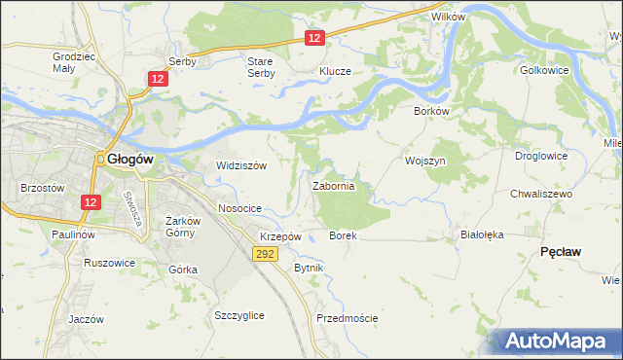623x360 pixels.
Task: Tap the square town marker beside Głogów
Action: click(99, 162)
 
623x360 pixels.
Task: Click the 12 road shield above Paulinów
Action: click(90, 201)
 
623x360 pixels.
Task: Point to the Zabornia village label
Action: click(340, 185)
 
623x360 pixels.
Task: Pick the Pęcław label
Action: click(560, 251)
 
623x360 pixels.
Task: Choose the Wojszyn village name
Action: click(424, 160)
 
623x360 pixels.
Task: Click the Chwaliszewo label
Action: click(541, 194)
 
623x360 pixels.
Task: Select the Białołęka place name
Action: click(481, 234)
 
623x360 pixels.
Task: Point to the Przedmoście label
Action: click(347, 318)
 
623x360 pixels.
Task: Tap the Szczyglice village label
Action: click(239, 315)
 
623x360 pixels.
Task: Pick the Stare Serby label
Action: click(260, 67)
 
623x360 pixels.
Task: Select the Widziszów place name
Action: click(241, 165)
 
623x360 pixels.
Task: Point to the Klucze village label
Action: click(335, 71)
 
